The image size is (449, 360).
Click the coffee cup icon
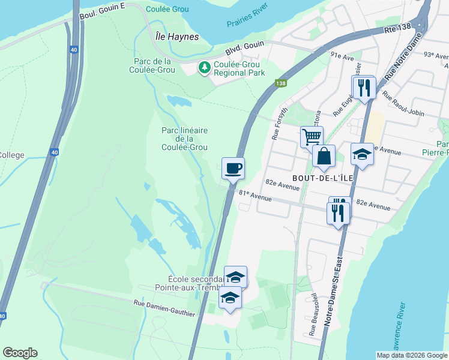(x=233, y=168)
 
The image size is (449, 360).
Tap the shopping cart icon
(x=312, y=137)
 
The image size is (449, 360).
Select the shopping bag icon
(x=324, y=157)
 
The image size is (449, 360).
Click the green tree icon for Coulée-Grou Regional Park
(x=205, y=68)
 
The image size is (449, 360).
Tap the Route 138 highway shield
(x=280, y=84)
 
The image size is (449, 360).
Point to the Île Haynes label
(x=173, y=37)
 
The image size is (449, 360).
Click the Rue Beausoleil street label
(x=313, y=319)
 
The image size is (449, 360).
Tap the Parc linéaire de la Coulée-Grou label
(x=185, y=139)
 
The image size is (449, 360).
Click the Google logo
(x=20, y=353)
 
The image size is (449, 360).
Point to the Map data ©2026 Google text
(x=412, y=355)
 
